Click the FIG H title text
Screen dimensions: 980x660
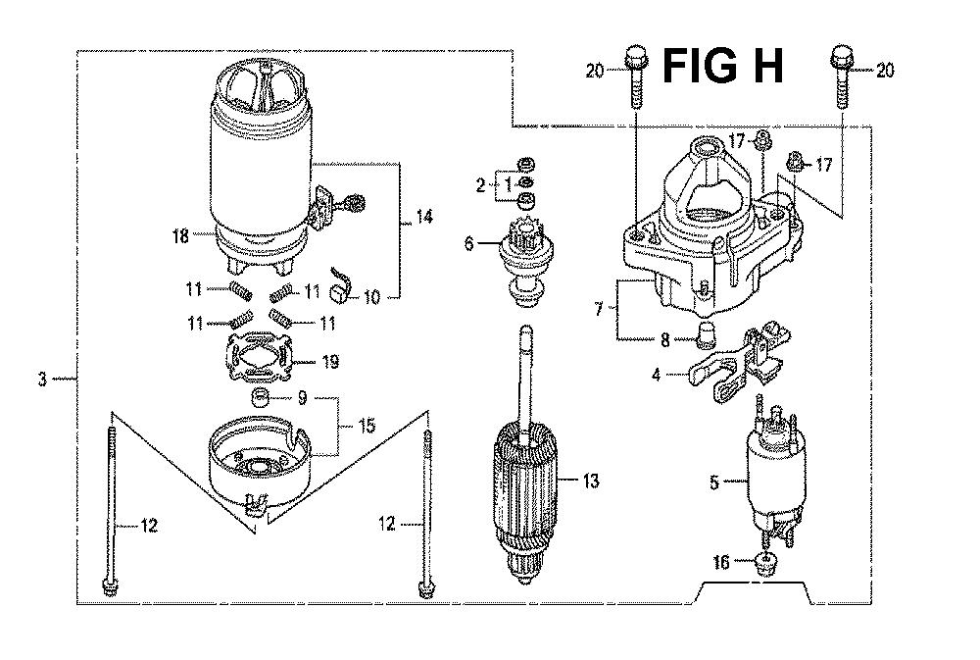tap(722, 67)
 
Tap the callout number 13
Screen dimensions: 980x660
tap(591, 482)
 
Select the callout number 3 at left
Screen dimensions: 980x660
tap(42, 380)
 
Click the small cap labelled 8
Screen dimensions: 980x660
tap(706, 334)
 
